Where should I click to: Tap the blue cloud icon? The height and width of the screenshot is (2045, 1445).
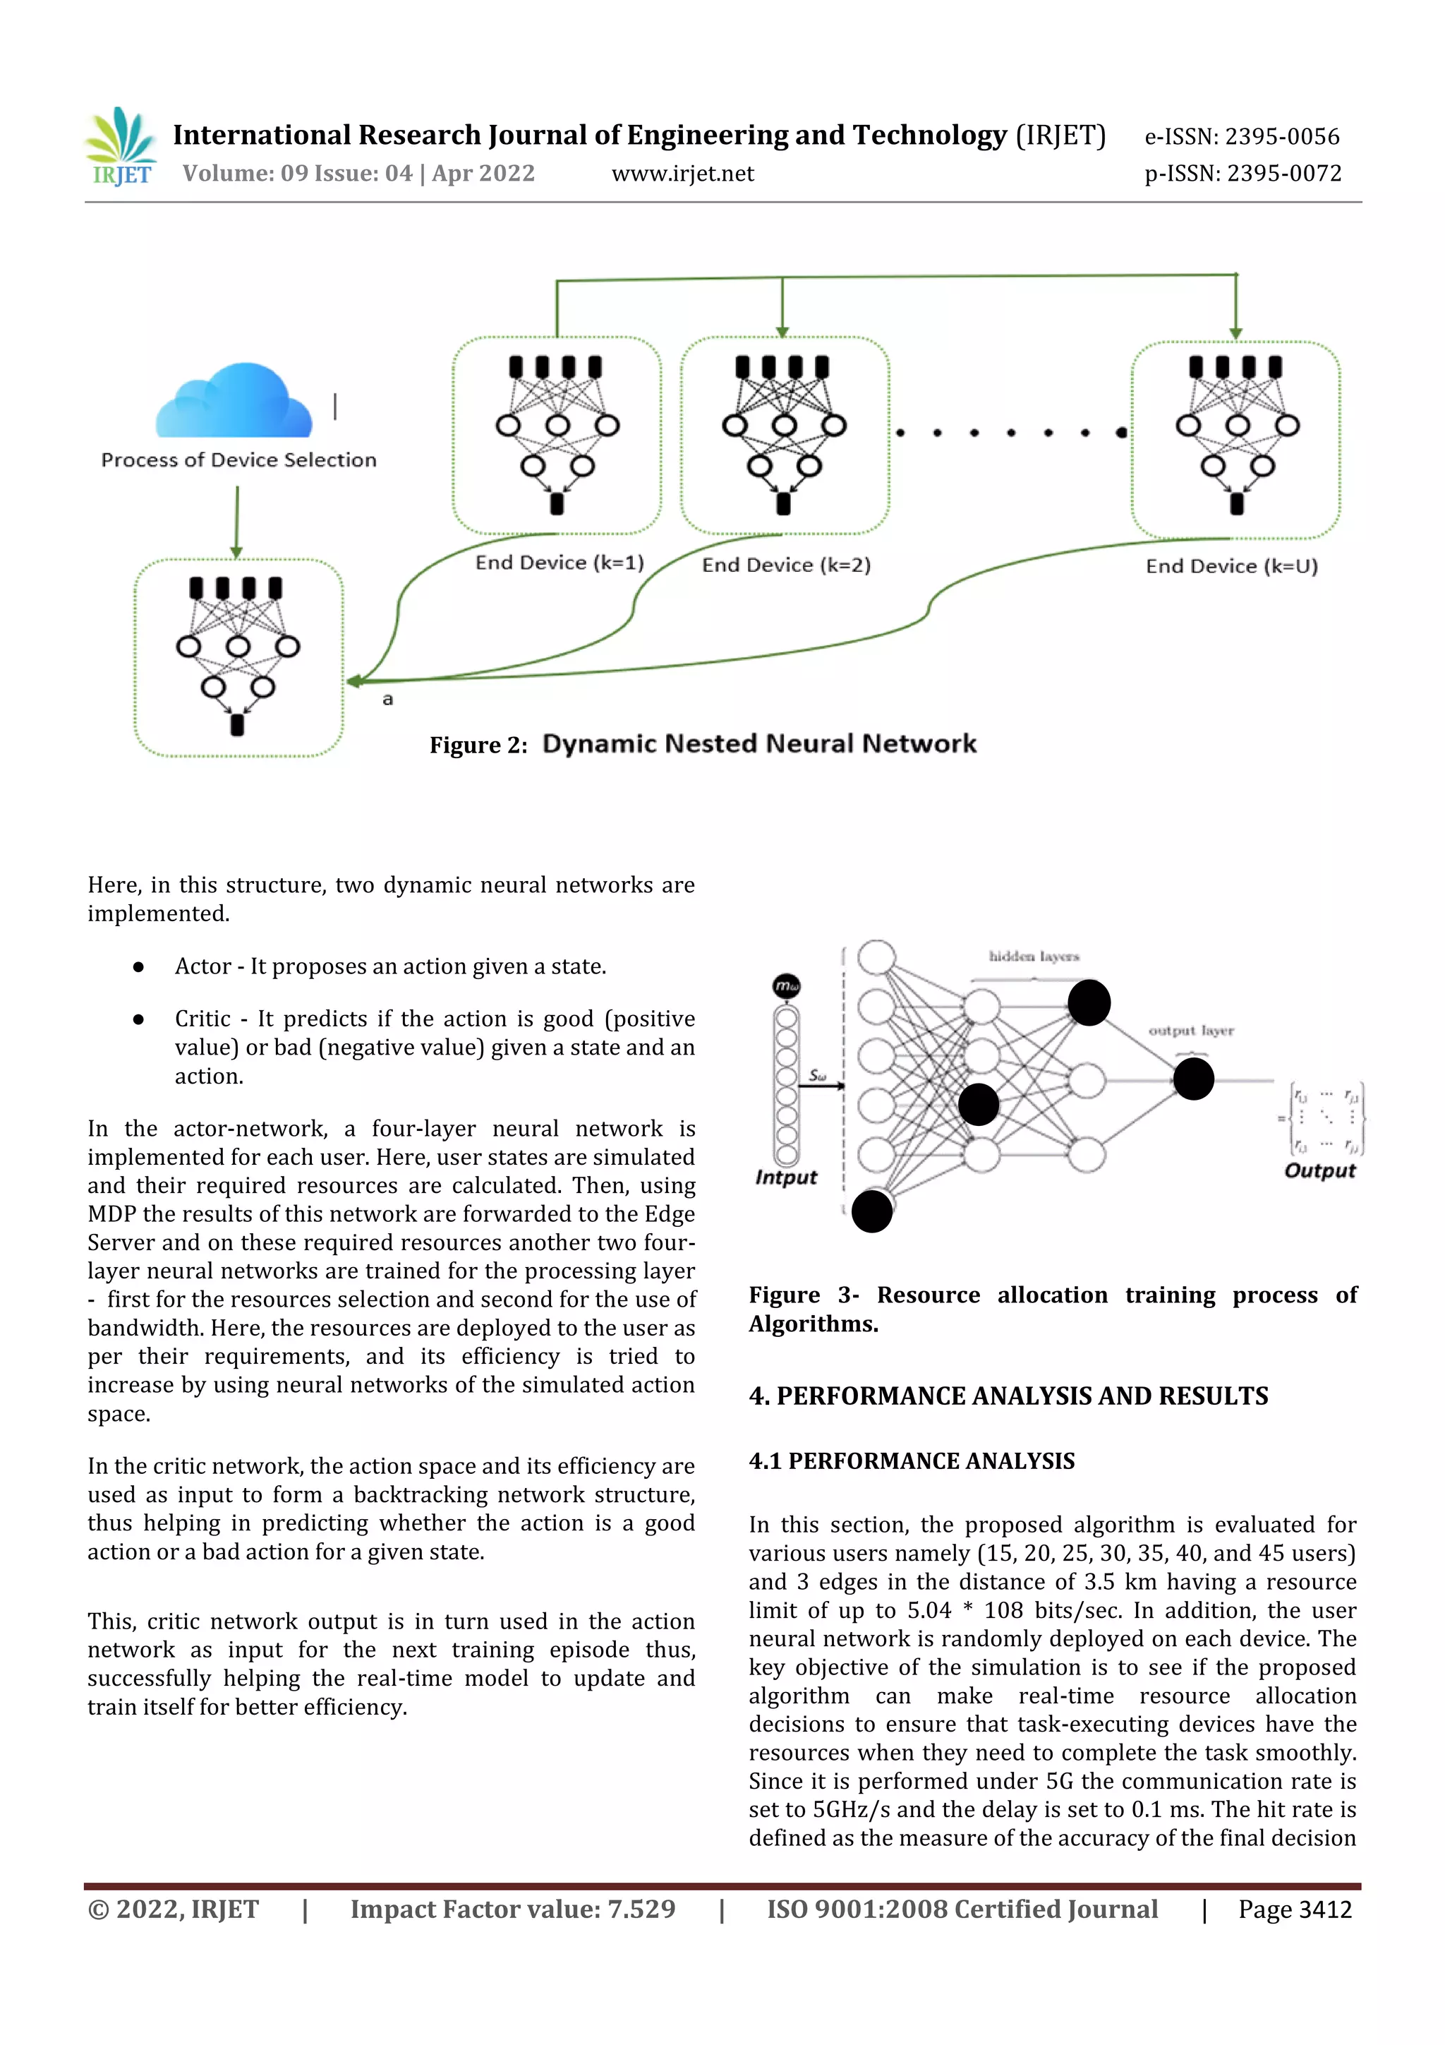click(x=234, y=402)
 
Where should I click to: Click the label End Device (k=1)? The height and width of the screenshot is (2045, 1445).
click(x=559, y=562)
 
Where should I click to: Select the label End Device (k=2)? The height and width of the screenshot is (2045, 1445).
click(x=785, y=565)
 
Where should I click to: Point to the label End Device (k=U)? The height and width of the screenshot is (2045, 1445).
click(x=1231, y=565)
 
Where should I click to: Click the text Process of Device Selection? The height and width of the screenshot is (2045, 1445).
click(x=238, y=460)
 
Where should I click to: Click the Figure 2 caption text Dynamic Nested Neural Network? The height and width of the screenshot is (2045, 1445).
click(x=758, y=744)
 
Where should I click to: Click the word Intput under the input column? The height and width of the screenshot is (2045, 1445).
click(x=785, y=1177)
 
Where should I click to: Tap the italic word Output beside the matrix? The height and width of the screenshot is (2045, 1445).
click(x=1319, y=1170)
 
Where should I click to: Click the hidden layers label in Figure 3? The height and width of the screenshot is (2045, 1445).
click(x=1033, y=956)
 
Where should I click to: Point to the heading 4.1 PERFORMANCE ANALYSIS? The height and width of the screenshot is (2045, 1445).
click(x=911, y=1461)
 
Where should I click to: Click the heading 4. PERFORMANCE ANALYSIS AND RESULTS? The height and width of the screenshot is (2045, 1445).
click(x=1008, y=1396)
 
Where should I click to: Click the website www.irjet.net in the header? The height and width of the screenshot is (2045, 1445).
click(x=682, y=174)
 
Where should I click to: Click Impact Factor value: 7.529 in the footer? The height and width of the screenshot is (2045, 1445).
click(x=513, y=1909)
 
